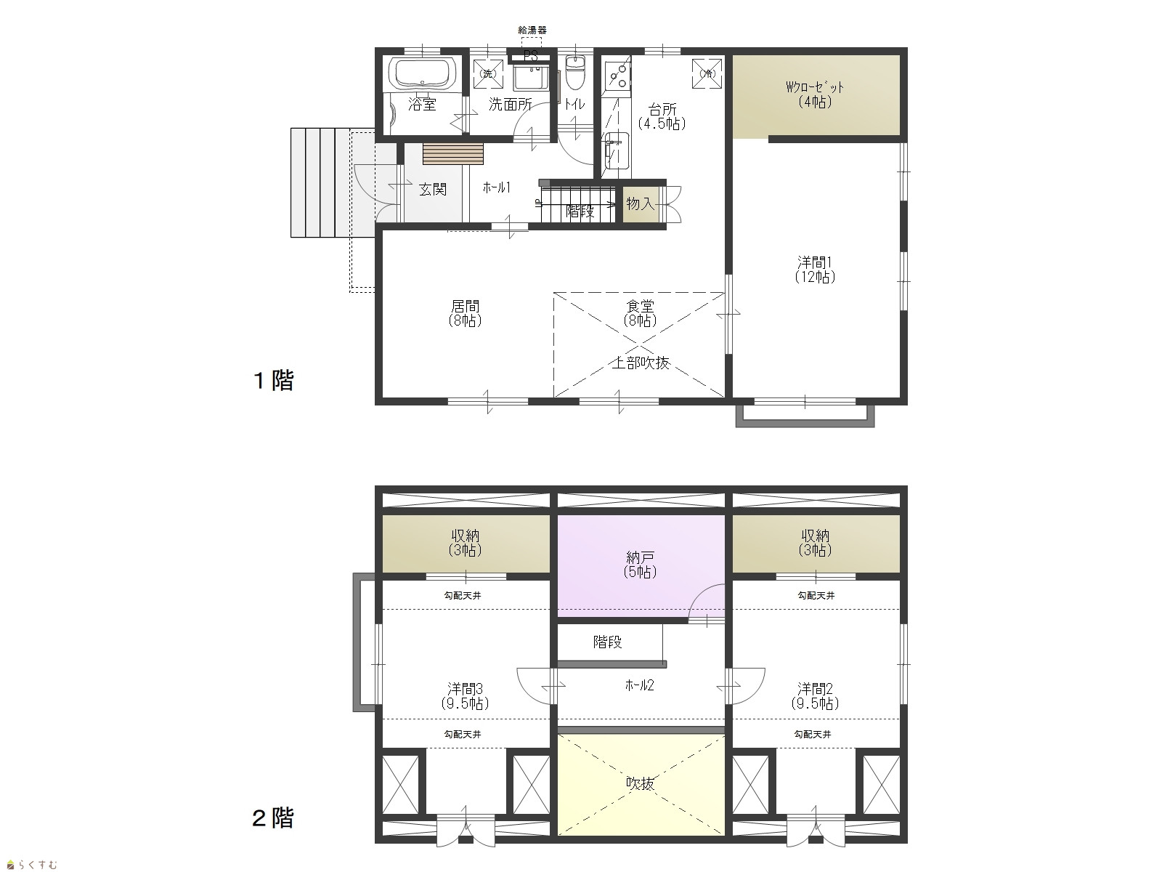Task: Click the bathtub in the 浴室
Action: coord(423,73)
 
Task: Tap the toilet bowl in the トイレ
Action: coord(574,73)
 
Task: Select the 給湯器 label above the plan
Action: coord(532,31)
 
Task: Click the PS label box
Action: coord(530,56)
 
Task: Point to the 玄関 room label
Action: coord(433,189)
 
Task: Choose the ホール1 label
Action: coord(497,187)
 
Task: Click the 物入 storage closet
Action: coord(641,204)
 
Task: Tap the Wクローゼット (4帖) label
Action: coord(815,94)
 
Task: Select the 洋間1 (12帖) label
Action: coord(815,270)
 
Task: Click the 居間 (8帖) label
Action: coord(466,313)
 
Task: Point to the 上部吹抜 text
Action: coord(641,363)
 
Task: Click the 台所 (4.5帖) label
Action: coord(662,116)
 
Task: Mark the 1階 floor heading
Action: coord(274,380)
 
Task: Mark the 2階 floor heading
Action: coord(272,818)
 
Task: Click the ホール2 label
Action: coord(640,685)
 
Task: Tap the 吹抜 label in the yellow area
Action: coord(641,783)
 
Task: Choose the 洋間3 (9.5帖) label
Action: coord(465,696)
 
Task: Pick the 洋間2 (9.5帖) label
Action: coord(816,696)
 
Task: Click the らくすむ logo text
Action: coord(32,865)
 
